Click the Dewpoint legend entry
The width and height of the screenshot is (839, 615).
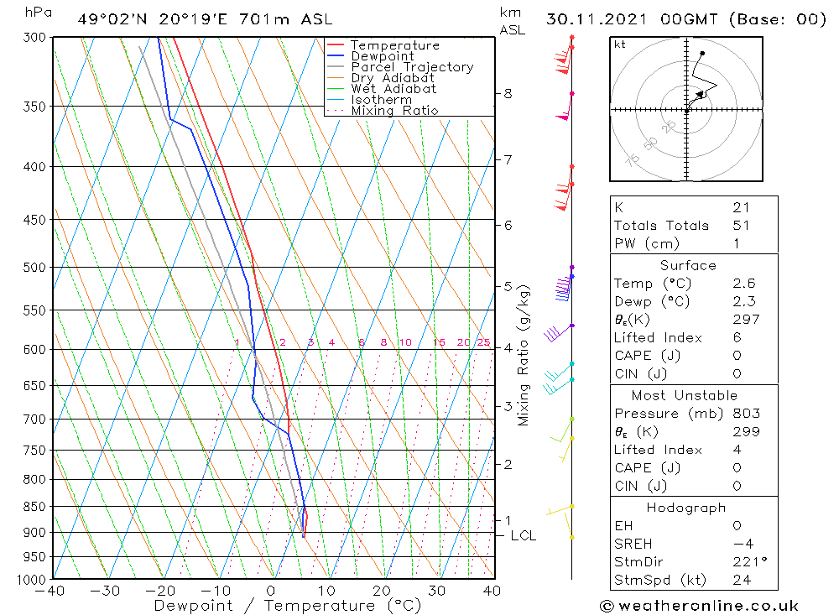point(382,56)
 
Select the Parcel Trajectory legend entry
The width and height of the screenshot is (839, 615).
point(412,67)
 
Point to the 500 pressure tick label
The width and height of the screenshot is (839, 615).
point(35,268)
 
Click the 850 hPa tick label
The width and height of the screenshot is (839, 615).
point(35,507)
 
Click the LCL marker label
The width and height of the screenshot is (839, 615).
point(523,535)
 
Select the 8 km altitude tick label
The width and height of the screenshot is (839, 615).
point(508,93)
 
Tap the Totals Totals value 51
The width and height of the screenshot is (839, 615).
point(741,225)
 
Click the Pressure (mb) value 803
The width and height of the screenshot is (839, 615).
point(746,414)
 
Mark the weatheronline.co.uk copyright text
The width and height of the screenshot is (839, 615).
point(699,606)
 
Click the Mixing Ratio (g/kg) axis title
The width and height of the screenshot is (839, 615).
point(524,355)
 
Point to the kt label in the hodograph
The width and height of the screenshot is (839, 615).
point(619,44)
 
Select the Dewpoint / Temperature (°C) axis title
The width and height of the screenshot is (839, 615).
point(288,606)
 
